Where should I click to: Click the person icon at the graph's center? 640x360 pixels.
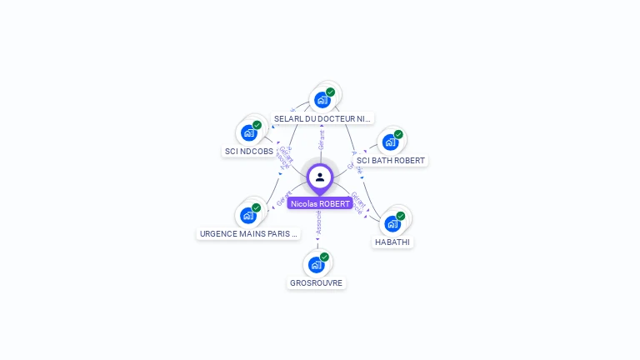coord(320,177)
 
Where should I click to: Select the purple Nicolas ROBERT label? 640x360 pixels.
coord(320,203)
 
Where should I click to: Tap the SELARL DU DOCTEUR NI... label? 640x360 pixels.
coord(322,119)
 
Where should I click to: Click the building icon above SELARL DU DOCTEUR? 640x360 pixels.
coord(322,100)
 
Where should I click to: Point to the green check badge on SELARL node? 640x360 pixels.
coord(331,92)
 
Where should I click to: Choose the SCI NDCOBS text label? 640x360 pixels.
coord(248,152)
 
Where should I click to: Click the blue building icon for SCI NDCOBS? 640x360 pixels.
coord(248,132)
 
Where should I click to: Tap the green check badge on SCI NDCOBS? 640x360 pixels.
coord(257,125)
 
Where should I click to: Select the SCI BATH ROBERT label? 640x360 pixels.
coord(391,160)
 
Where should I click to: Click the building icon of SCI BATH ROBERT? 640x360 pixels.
coord(390,142)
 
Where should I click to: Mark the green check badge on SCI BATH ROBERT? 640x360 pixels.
coord(398,134)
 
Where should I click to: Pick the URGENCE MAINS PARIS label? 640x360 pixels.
coord(247,234)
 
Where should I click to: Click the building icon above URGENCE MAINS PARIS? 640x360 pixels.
coord(247,215)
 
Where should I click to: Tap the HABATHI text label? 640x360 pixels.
coord(392,242)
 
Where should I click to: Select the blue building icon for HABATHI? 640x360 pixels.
coord(392,223)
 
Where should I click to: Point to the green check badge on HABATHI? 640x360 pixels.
coord(401,216)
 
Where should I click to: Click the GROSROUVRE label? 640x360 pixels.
coord(316,283)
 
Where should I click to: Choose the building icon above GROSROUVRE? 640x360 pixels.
coord(316,264)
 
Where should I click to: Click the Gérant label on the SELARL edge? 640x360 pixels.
coord(322,139)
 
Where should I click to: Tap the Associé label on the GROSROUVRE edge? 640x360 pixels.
coord(318,222)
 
